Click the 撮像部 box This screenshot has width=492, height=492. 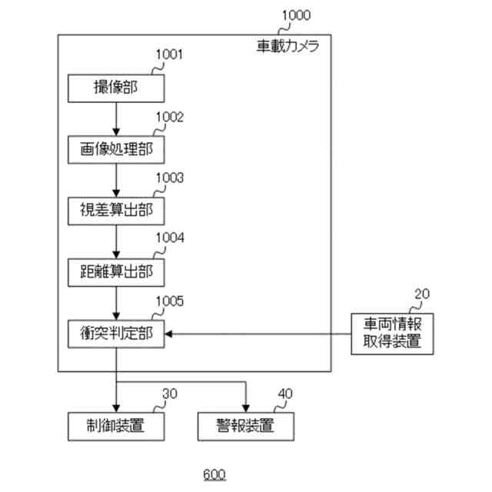point(116,88)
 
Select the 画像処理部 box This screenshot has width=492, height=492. point(116,148)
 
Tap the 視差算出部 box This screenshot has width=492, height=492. point(116,208)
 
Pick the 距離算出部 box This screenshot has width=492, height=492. point(116,271)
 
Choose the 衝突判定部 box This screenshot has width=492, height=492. point(116,333)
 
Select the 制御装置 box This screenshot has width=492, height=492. point(116,424)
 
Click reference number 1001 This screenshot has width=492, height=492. point(170,55)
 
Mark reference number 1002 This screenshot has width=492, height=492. point(170,117)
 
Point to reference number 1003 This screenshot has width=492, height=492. point(170,178)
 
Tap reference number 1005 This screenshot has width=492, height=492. point(170,301)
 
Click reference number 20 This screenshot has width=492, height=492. point(422,293)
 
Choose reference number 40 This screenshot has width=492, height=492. point(284,394)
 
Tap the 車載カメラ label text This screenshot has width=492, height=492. point(288,45)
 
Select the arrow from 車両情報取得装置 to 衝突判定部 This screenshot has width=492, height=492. point(258,333)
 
